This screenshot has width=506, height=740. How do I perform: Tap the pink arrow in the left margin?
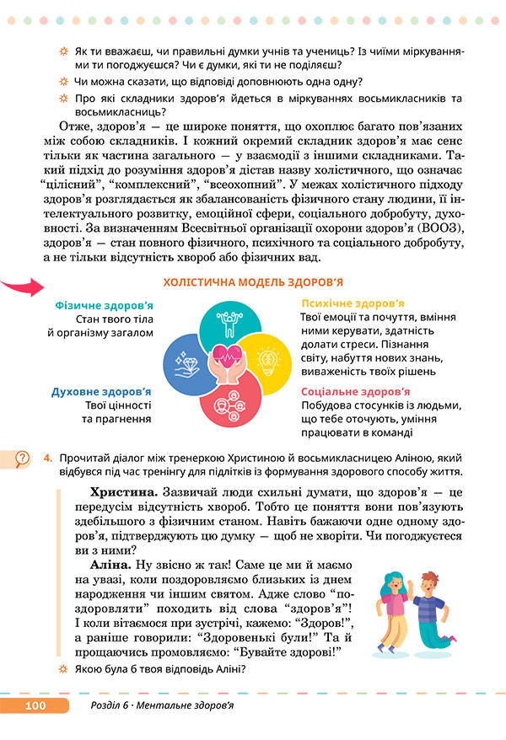point(24,287)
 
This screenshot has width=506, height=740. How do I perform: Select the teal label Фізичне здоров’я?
point(104,305)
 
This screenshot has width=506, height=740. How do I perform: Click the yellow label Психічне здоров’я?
point(353,303)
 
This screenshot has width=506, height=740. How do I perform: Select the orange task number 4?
point(49,458)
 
